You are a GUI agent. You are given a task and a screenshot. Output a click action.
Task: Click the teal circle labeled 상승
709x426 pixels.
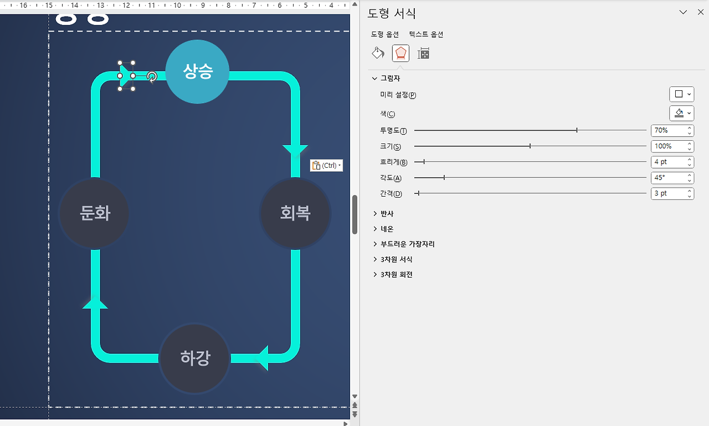[x=197, y=71]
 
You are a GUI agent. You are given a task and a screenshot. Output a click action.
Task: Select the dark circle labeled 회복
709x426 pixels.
[x=295, y=213]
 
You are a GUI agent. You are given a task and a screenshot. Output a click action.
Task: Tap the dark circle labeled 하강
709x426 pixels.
[x=194, y=358]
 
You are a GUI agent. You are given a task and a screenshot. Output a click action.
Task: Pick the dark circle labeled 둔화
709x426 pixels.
[x=94, y=213]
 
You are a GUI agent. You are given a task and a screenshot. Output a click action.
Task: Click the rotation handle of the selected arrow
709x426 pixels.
[x=151, y=76]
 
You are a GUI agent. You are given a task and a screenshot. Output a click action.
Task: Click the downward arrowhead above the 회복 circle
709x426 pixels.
[x=295, y=150]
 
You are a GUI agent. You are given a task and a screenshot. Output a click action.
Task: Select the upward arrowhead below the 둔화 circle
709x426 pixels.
[x=95, y=302]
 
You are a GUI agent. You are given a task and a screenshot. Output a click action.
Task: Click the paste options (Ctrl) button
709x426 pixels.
[x=326, y=165]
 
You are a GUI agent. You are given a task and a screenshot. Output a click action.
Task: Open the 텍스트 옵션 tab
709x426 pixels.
[x=426, y=34]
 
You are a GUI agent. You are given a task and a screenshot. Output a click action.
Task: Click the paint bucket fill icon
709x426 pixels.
[x=378, y=53]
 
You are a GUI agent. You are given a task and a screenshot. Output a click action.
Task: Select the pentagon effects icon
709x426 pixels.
[x=400, y=53]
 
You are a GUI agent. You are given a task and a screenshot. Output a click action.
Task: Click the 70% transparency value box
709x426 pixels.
[x=668, y=131]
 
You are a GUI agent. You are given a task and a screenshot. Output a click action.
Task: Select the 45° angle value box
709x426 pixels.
[x=668, y=178]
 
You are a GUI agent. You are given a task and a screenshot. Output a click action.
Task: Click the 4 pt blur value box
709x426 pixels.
[x=668, y=162]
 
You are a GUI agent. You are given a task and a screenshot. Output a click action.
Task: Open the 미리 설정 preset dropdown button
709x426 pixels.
[x=681, y=94]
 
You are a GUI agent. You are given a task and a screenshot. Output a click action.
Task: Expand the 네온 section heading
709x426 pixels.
[x=387, y=229]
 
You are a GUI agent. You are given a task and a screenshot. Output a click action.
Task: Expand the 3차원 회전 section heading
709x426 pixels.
[x=396, y=275]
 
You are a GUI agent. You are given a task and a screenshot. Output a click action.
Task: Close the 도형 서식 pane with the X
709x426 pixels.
[x=701, y=12]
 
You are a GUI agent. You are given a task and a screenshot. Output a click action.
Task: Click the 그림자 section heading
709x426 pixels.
[x=390, y=79]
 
